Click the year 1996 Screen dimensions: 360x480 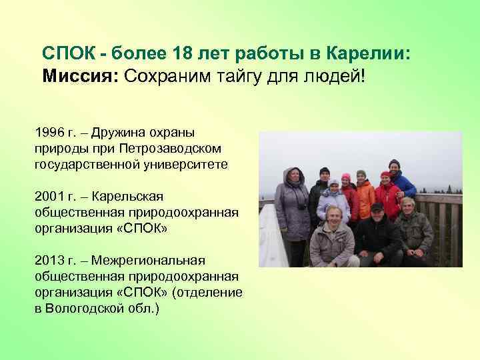click(51, 132)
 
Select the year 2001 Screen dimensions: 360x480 click(51, 197)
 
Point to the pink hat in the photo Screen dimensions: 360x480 click(345, 177)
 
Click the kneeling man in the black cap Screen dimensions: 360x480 click(377, 233)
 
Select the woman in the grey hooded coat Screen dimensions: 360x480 click(292, 203)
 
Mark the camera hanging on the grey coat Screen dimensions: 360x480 click(301, 206)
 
